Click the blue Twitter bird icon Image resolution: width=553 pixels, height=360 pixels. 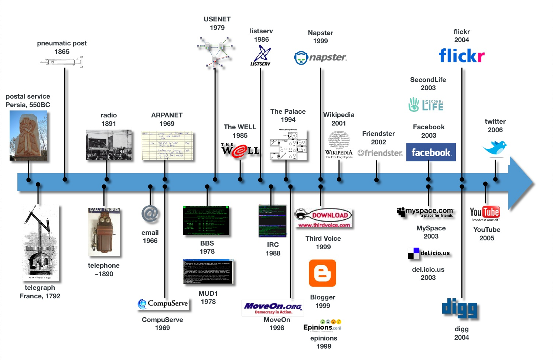click(495, 147)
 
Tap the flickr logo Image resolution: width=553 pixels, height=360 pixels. click(461, 56)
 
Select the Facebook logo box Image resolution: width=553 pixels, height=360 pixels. click(431, 152)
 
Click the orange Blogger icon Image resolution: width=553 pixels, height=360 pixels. click(322, 273)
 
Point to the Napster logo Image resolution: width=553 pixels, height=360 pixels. click(320, 58)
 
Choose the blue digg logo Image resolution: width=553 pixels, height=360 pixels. click(460, 309)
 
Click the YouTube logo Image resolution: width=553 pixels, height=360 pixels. click(485, 213)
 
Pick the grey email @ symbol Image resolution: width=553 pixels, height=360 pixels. click(150, 214)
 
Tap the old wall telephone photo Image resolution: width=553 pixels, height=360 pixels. click(104, 232)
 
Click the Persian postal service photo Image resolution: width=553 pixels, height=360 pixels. click(28, 136)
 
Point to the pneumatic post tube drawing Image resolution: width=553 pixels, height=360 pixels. click(62, 62)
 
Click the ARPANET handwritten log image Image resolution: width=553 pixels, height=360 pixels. click(167, 145)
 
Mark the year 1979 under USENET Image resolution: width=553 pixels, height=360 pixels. click(217, 28)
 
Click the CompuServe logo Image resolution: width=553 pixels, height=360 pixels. click(163, 304)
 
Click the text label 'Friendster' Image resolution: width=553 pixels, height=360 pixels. click(378, 134)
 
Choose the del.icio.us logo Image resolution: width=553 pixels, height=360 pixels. click(429, 253)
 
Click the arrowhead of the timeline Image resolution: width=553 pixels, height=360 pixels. click(521, 183)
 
